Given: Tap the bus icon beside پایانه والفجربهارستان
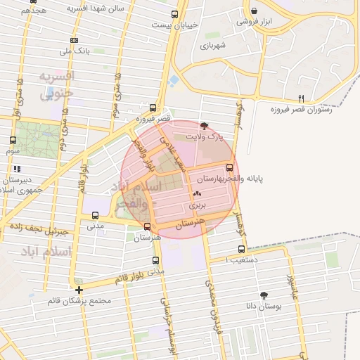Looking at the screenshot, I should [x=230, y=167].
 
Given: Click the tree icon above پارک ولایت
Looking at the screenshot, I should [x=204, y=127].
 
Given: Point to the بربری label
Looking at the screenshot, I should [x=197, y=206].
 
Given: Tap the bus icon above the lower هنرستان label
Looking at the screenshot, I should [x=147, y=226].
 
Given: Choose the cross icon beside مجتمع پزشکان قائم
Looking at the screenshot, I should [x=79, y=290].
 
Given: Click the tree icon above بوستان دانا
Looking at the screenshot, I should [x=264, y=296].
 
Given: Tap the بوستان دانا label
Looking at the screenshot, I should [x=264, y=307].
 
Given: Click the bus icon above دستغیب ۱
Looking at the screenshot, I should [x=242, y=249].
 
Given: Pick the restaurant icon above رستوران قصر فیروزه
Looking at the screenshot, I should [x=301, y=98].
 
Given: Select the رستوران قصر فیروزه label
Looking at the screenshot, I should [x=309, y=110].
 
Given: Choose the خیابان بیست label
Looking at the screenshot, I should [x=175, y=25].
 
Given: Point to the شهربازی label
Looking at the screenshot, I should [x=212, y=46].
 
